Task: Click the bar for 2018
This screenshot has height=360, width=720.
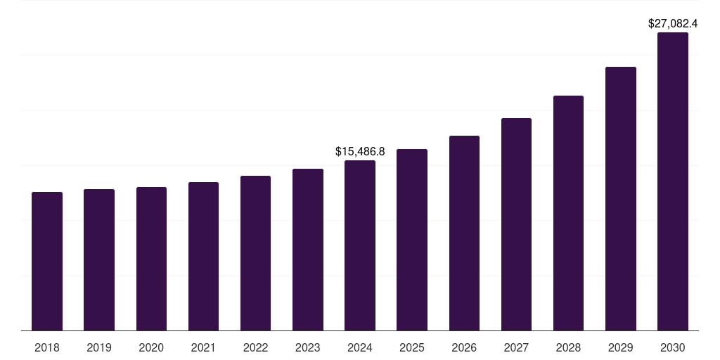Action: click(x=47, y=261)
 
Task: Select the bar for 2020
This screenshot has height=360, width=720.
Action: click(x=151, y=259)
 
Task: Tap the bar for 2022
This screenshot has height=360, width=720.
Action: click(x=255, y=253)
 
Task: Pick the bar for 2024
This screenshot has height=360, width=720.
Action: click(x=360, y=245)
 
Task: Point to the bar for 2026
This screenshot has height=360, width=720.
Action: click(x=464, y=233)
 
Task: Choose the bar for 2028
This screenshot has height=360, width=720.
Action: click(x=568, y=213)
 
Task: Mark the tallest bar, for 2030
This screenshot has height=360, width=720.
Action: click(x=673, y=181)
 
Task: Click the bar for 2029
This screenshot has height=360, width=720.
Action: click(x=621, y=198)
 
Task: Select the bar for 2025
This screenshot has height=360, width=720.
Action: click(x=412, y=240)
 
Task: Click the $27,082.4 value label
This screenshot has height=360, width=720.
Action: click(x=673, y=23)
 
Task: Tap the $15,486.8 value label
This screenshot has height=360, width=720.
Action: click(x=360, y=151)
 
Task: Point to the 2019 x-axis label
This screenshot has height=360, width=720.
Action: click(x=99, y=347)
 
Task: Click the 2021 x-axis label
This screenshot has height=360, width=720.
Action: click(x=203, y=347)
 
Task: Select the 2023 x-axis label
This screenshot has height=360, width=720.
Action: click(x=308, y=347)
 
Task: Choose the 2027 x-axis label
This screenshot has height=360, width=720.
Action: click(x=516, y=347)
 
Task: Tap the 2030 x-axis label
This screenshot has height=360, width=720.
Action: click(x=673, y=347)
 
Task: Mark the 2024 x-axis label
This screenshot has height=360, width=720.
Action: click(x=360, y=347)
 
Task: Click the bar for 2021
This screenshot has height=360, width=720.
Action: click(x=203, y=257)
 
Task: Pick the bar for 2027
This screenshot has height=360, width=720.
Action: click(x=516, y=224)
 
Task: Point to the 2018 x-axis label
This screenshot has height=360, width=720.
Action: click(x=47, y=347)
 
